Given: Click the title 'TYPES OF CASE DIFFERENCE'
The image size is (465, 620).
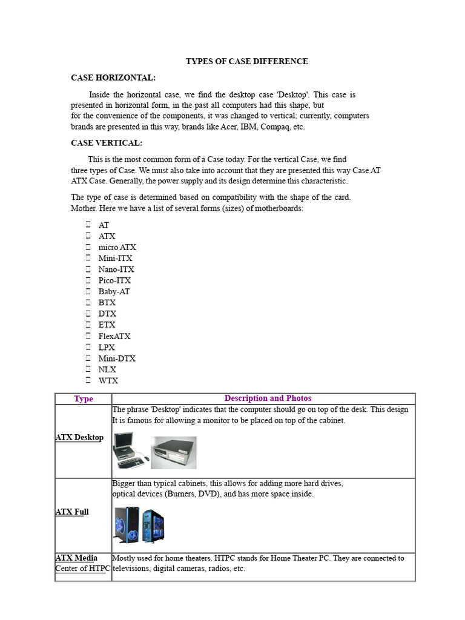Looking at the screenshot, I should [246, 61].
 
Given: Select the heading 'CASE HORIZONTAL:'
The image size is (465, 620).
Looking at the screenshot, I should [113, 77].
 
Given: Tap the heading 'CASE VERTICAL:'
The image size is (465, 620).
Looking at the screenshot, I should [107, 143].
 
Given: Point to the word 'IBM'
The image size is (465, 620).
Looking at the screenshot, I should [249, 127].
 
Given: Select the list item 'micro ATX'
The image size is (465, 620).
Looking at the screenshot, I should [117, 247].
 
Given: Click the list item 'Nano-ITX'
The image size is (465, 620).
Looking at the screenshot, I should [116, 269].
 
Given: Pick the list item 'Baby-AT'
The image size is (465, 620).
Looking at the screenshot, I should [114, 291].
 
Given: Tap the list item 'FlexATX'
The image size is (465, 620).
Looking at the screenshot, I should [114, 336].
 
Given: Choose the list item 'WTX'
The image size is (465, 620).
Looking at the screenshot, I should [108, 381].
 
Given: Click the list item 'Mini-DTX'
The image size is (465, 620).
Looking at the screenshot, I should [117, 358].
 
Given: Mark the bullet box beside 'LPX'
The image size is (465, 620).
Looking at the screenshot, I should [88, 347].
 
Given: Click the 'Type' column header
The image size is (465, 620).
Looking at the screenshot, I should [84, 398].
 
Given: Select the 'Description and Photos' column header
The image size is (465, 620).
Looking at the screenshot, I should [268, 398].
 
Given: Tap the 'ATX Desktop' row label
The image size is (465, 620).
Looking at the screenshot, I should [79, 437].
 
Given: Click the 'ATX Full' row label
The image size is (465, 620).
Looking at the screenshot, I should [72, 512].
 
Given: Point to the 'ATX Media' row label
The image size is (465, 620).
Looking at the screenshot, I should [76, 558].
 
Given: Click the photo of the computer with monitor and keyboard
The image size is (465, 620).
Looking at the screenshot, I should [130, 451].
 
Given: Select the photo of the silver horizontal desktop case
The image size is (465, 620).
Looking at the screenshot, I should [173, 452].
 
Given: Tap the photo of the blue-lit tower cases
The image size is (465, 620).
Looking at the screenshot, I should [139, 524].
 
